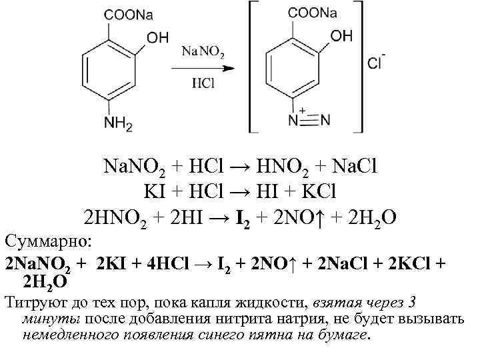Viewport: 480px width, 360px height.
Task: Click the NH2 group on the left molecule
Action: (119, 125)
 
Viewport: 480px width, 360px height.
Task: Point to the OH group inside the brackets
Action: (341, 36)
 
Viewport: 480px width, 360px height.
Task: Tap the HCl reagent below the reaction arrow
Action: (202, 84)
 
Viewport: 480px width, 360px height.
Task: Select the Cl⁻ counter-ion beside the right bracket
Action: (376, 64)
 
